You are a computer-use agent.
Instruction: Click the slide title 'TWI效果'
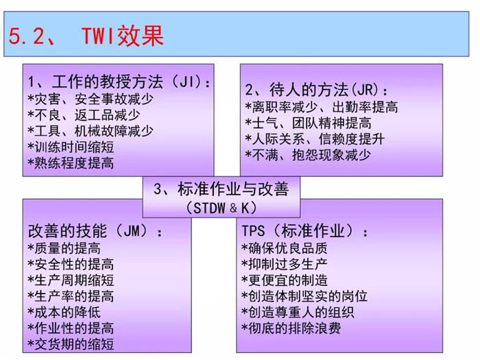click(123, 36)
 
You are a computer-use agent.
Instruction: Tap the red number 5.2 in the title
click(27, 36)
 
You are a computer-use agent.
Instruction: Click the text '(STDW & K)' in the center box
click(221, 208)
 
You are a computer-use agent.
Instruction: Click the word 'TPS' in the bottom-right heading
click(253, 231)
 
